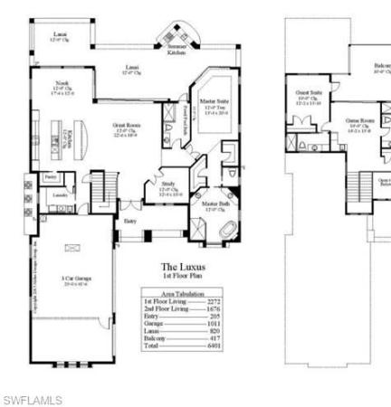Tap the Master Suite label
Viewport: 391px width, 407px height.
point(214,106)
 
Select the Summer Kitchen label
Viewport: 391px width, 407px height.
point(176,50)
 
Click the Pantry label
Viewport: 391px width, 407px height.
point(49,177)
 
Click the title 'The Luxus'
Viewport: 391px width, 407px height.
point(178,266)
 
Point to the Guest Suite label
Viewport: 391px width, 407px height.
point(310,95)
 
